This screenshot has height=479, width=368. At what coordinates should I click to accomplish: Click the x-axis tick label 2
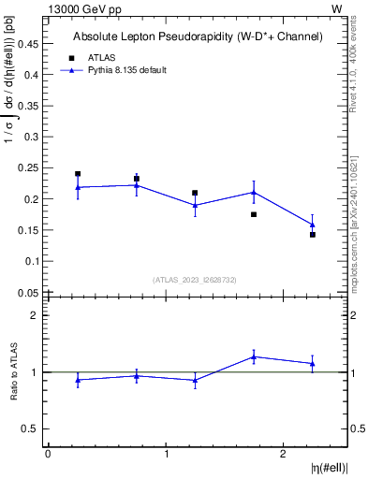(284, 454)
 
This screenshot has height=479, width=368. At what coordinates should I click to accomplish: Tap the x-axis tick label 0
(48, 454)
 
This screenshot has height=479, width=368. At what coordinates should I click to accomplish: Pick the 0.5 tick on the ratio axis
(33, 428)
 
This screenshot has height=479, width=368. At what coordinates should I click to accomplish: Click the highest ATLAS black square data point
(78, 174)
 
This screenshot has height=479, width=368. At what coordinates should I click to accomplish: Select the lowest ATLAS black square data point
(313, 235)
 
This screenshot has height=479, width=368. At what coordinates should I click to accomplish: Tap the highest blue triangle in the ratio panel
(254, 356)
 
